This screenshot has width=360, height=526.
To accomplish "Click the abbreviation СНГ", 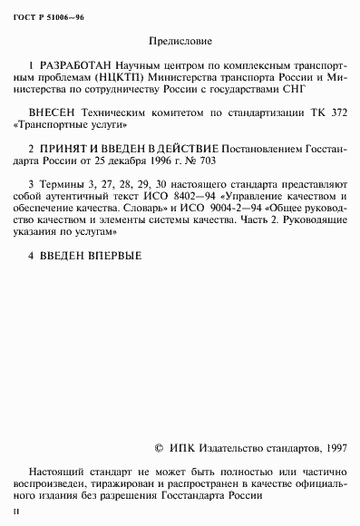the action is pyautogui.click(x=296, y=92).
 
